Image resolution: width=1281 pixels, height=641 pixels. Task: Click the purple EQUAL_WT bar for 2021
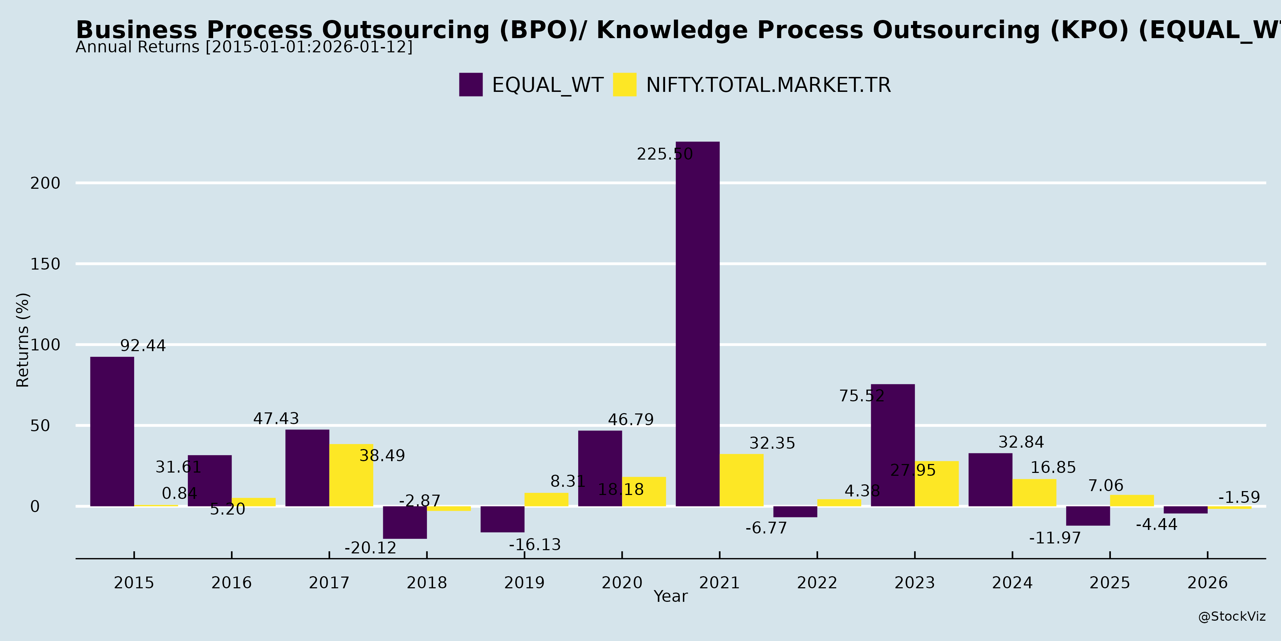(x=697, y=323)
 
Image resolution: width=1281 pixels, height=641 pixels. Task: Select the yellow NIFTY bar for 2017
(x=351, y=475)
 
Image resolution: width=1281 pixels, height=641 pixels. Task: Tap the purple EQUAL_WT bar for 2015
(x=112, y=432)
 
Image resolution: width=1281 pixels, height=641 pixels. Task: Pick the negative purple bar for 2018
(x=405, y=522)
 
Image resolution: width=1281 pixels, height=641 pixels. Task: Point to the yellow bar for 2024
(x=1034, y=493)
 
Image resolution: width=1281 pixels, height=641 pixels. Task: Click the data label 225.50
(x=664, y=154)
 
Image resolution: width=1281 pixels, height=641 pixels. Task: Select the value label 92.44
(x=143, y=346)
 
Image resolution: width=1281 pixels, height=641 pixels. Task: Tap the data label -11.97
(x=1055, y=538)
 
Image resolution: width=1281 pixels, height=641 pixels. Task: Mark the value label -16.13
(x=534, y=545)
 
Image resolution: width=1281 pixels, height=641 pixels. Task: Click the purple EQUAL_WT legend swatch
(x=470, y=85)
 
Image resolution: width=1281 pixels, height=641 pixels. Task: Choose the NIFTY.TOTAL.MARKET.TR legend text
(x=768, y=85)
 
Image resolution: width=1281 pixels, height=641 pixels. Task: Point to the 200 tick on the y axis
(x=45, y=183)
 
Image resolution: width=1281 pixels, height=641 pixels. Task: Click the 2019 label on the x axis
(x=524, y=582)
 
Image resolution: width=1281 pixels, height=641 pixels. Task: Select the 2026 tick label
(x=1207, y=582)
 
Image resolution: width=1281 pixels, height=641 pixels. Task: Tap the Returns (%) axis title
(x=23, y=340)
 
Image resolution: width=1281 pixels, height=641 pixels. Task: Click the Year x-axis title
(x=670, y=596)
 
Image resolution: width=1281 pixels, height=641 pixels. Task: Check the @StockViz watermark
(x=1231, y=617)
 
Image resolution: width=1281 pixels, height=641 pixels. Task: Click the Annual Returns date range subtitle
(x=244, y=47)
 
